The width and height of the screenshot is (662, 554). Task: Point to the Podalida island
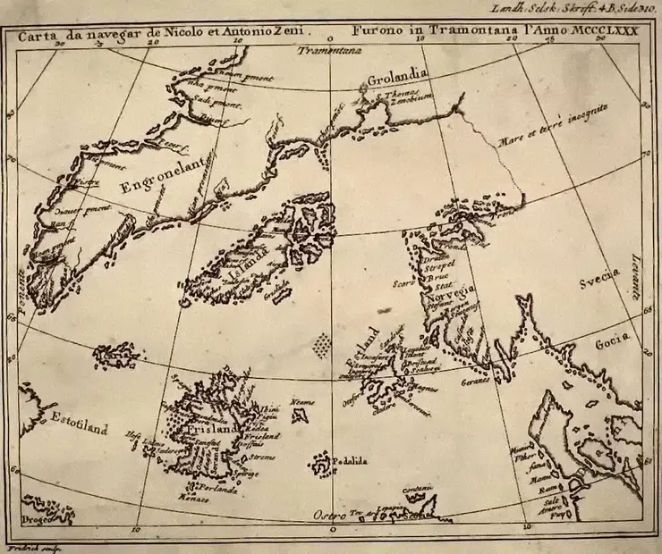pos(320,464)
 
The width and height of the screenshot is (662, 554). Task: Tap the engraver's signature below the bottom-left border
pos(25,547)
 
